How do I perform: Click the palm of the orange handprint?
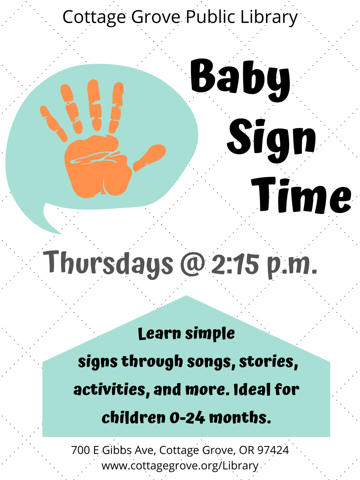coord(97,168)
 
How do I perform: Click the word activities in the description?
coord(109,390)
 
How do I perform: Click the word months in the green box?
coord(240,417)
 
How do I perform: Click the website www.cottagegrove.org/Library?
coord(180,466)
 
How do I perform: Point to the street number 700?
coord(80,450)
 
